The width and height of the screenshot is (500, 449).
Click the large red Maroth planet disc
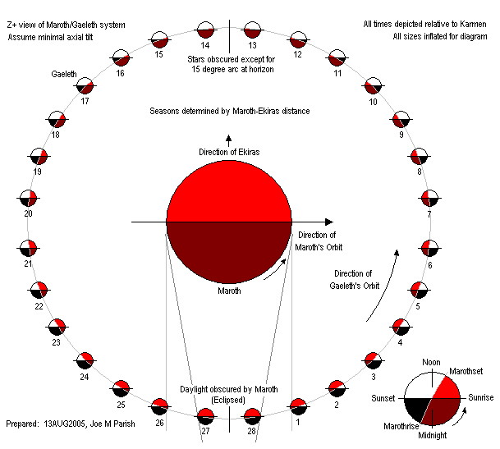click(229, 222)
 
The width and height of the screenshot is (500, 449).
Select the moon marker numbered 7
click(429, 198)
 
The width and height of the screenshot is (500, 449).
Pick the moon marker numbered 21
click(29, 247)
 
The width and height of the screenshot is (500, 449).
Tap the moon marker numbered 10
click(374, 85)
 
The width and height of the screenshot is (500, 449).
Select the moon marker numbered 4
click(402, 327)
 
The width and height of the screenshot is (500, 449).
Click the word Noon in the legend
click(431, 361)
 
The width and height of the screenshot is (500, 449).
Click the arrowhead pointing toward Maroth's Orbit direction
click(328, 222)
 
